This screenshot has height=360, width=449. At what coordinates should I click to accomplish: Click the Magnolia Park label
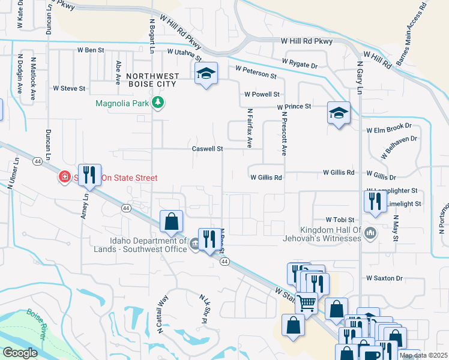(x=122, y=103)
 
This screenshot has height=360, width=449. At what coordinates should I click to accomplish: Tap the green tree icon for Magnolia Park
(x=158, y=103)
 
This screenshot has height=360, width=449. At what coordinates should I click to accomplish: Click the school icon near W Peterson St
(x=206, y=74)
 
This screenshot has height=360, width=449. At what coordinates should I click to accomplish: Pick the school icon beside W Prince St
(x=339, y=112)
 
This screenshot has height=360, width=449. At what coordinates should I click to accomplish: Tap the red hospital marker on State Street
(x=64, y=177)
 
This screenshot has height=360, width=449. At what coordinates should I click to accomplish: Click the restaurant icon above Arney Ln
(x=89, y=175)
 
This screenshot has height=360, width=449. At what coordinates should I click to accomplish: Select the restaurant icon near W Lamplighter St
(x=375, y=201)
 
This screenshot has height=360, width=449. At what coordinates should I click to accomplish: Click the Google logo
(x=20, y=353)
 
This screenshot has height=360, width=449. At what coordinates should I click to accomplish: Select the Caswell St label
(x=207, y=148)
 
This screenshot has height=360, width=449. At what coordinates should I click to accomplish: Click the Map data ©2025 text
(x=423, y=355)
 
